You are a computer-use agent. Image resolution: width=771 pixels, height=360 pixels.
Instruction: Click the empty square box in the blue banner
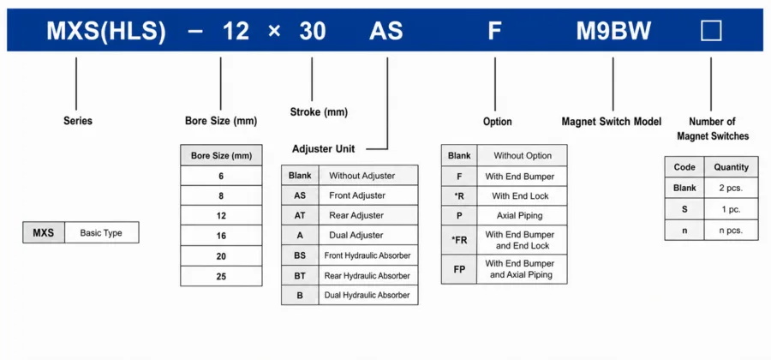click(711, 31)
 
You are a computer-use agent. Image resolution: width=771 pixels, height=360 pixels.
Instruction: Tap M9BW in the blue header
click(613, 32)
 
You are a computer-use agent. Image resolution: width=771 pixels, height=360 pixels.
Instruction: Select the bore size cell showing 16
click(221, 236)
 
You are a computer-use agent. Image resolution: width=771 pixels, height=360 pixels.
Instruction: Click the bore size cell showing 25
click(221, 276)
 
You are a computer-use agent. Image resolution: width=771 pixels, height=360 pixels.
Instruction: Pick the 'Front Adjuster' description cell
click(368, 195)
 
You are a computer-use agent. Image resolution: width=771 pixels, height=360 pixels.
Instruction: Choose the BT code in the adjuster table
click(300, 276)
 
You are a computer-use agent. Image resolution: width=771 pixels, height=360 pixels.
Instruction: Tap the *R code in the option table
click(459, 195)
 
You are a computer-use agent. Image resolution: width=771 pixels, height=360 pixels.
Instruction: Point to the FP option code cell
click(459, 269)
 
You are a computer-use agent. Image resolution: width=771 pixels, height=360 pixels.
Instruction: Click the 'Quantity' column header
click(732, 167)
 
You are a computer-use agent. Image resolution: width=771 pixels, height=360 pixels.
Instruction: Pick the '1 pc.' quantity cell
click(732, 209)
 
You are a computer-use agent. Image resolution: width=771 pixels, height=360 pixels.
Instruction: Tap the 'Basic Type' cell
click(101, 232)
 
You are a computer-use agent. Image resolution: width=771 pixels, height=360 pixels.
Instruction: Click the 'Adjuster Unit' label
click(324, 149)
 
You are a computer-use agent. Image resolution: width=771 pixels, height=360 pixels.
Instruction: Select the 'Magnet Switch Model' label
click(611, 122)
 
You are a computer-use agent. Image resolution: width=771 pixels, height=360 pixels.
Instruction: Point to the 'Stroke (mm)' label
click(319, 112)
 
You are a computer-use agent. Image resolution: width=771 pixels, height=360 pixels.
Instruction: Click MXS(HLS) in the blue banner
click(106, 32)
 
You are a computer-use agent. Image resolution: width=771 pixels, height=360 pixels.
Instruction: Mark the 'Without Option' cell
click(522, 155)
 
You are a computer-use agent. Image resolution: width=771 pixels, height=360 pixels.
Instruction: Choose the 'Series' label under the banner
click(78, 121)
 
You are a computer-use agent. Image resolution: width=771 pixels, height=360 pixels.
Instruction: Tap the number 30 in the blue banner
click(313, 32)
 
